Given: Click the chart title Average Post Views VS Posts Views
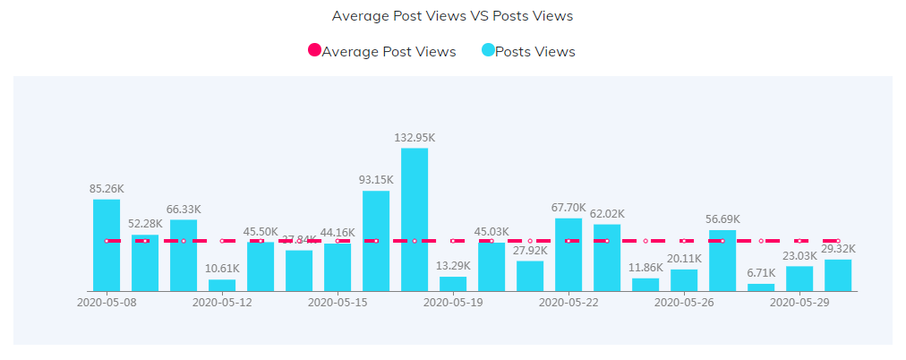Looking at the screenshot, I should pyautogui.click(x=452, y=16).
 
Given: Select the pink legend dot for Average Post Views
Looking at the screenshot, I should pyautogui.click(x=314, y=51).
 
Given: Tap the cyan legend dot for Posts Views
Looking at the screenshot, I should pyautogui.click(x=488, y=51).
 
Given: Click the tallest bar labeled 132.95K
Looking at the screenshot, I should pyautogui.click(x=415, y=219).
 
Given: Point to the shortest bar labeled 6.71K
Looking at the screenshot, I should pyautogui.click(x=761, y=287).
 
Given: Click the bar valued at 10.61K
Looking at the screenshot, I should pyautogui.click(x=222, y=286).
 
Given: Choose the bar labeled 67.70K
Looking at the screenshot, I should pyautogui.click(x=568, y=254).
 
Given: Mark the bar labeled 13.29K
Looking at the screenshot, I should pyautogui.click(x=453, y=284).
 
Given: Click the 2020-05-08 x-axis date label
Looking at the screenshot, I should pyautogui.click(x=107, y=303).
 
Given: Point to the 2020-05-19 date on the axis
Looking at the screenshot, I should pyautogui.click(x=453, y=303).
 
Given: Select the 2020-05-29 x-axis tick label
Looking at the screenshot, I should pyautogui.click(x=799, y=303).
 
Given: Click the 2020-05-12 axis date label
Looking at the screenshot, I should pyautogui.click(x=222, y=303).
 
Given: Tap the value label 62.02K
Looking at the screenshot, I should pyautogui.click(x=607, y=213).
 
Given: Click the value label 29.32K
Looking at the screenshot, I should pyautogui.click(x=838, y=249).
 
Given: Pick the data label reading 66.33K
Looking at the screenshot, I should pyautogui.click(x=184, y=209).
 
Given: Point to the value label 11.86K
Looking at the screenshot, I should pyautogui.click(x=645, y=267).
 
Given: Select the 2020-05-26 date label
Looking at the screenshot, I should pyautogui.click(x=684, y=303).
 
